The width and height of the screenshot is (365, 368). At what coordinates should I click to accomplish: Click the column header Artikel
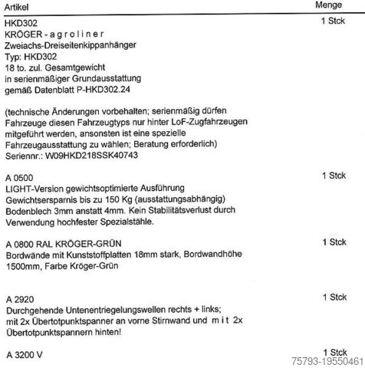coord(18,6)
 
